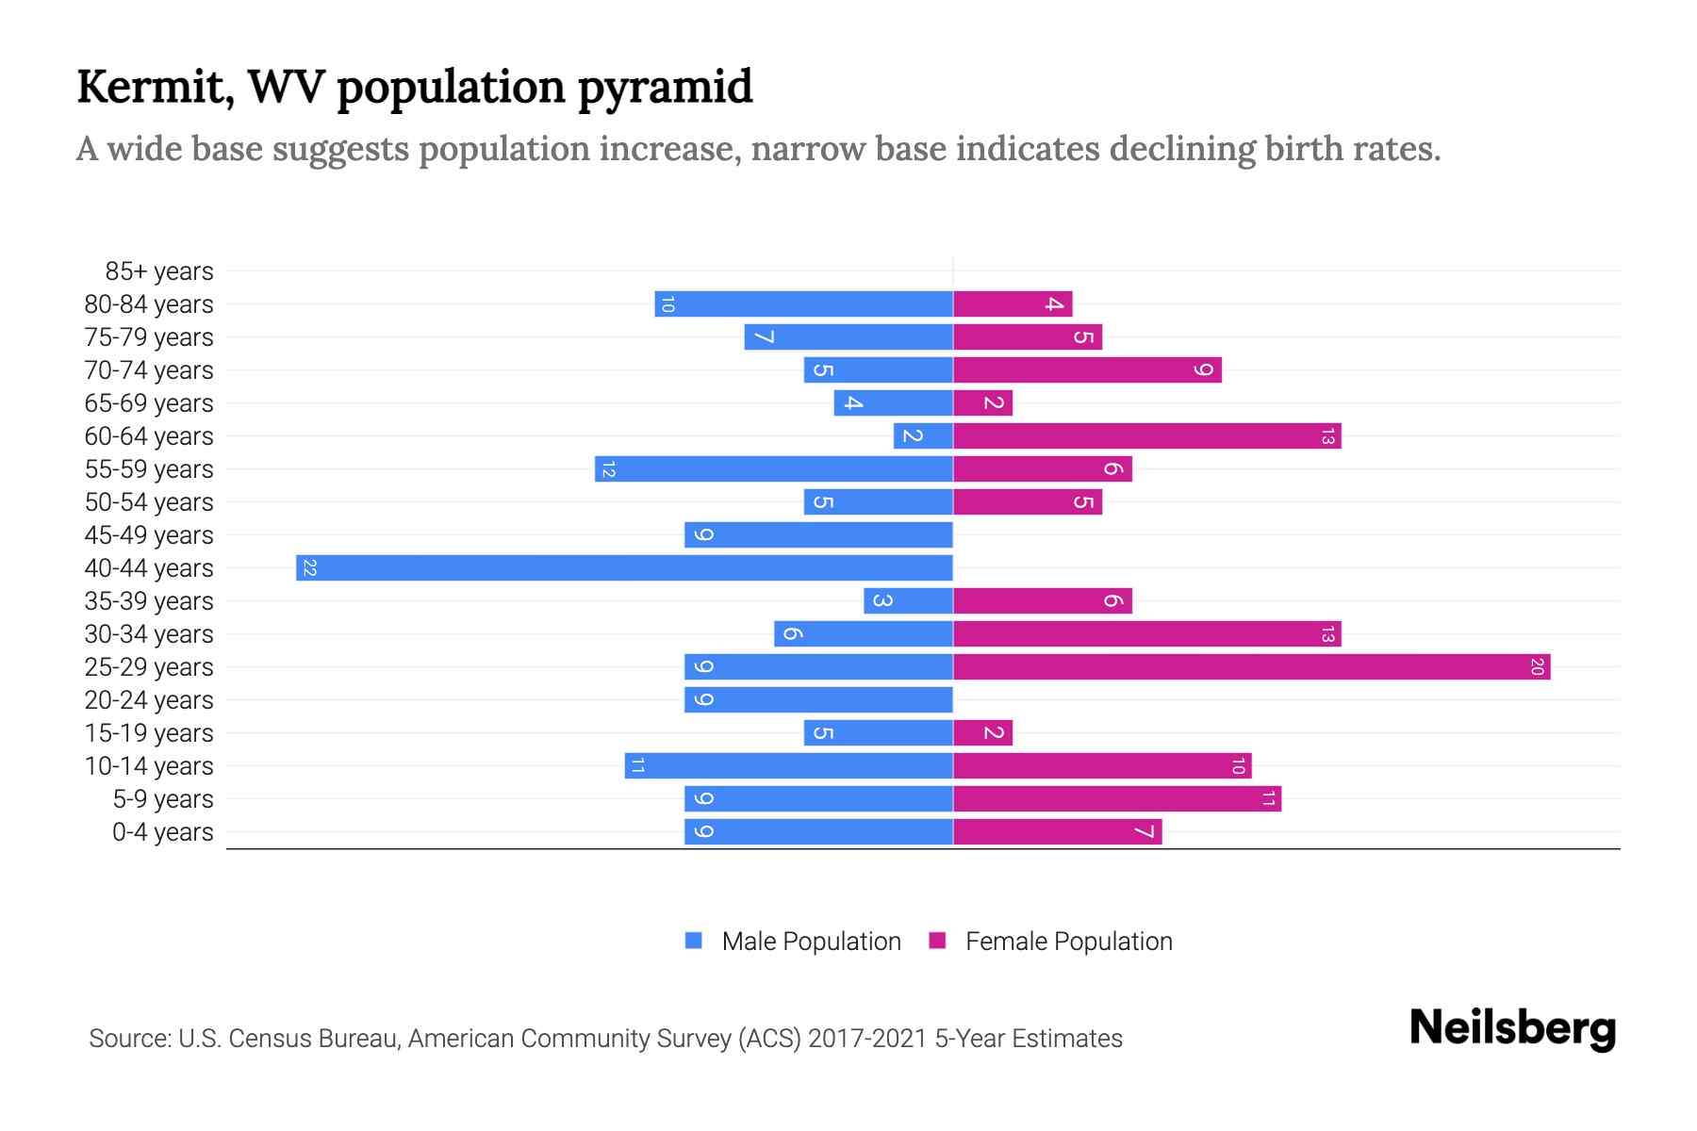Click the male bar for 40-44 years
point(624,567)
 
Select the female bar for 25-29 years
point(1251,667)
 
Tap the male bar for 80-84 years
point(803,304)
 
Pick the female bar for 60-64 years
point(1146,436)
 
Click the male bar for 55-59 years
point(773,469)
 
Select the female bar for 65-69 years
point(982,403)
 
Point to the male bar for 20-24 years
point(818,700)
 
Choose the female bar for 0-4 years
point(1057,832)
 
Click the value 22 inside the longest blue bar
point(309,567)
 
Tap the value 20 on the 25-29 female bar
point(1537,667)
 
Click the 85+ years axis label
point(158,271)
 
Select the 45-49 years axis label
point(149,535)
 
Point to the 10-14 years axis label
point(149,766)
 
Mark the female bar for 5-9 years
point(1117,799)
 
